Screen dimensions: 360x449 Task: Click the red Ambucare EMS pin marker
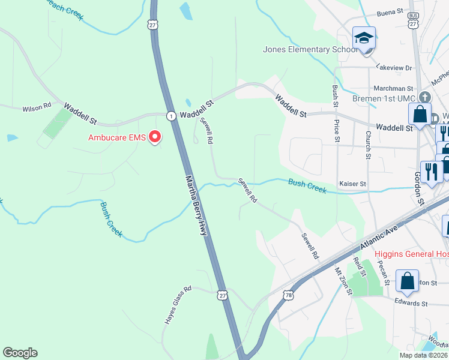pos(155,137)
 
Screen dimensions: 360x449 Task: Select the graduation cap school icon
pos(364,38)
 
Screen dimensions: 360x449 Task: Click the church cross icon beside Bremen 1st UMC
pos(425,97)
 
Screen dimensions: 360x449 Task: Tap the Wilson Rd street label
pos(37,108)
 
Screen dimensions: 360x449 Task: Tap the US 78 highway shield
pos(289,295)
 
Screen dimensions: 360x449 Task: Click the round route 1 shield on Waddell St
pos(171,115)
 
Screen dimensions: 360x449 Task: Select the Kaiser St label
pos(352,183)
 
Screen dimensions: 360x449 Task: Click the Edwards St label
pos(411,304)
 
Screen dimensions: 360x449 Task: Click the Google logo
pos(20,353)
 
